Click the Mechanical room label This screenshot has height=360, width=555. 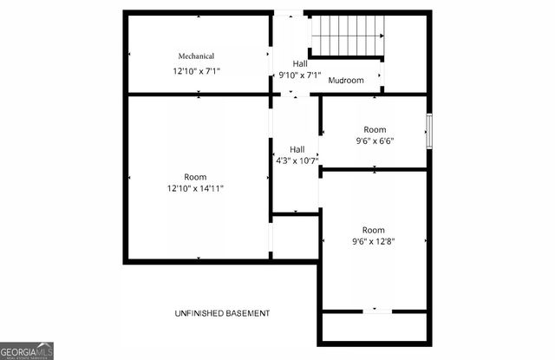coord(196,56)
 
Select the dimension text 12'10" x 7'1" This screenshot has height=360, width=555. coord(196,71)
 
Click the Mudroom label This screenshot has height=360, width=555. coord(345,81)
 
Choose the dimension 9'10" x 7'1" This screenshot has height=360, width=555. coord(299,75)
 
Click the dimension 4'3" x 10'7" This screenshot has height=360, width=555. coord(297,160)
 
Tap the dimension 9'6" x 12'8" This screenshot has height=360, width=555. coord(374,241)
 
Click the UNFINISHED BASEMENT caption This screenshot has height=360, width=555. coord(222,313)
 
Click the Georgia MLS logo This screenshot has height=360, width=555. coord(27,350)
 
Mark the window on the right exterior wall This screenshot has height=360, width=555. coord(428,132)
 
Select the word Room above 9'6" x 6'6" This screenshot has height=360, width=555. coord(374,129)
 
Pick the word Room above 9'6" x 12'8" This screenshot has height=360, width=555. coord(374,230)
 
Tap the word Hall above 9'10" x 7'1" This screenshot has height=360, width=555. coord(299,64)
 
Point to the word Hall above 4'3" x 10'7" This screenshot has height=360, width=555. coord(297,149)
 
